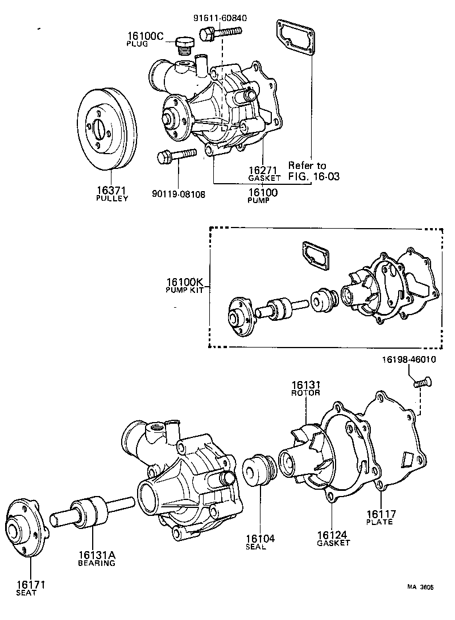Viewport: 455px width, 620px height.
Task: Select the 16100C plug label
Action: coord(144,38)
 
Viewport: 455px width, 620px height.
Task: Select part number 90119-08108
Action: coord(179,193)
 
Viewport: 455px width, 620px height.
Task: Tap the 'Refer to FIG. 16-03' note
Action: coord(313,171)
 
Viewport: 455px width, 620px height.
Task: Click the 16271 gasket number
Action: coord(263,170)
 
